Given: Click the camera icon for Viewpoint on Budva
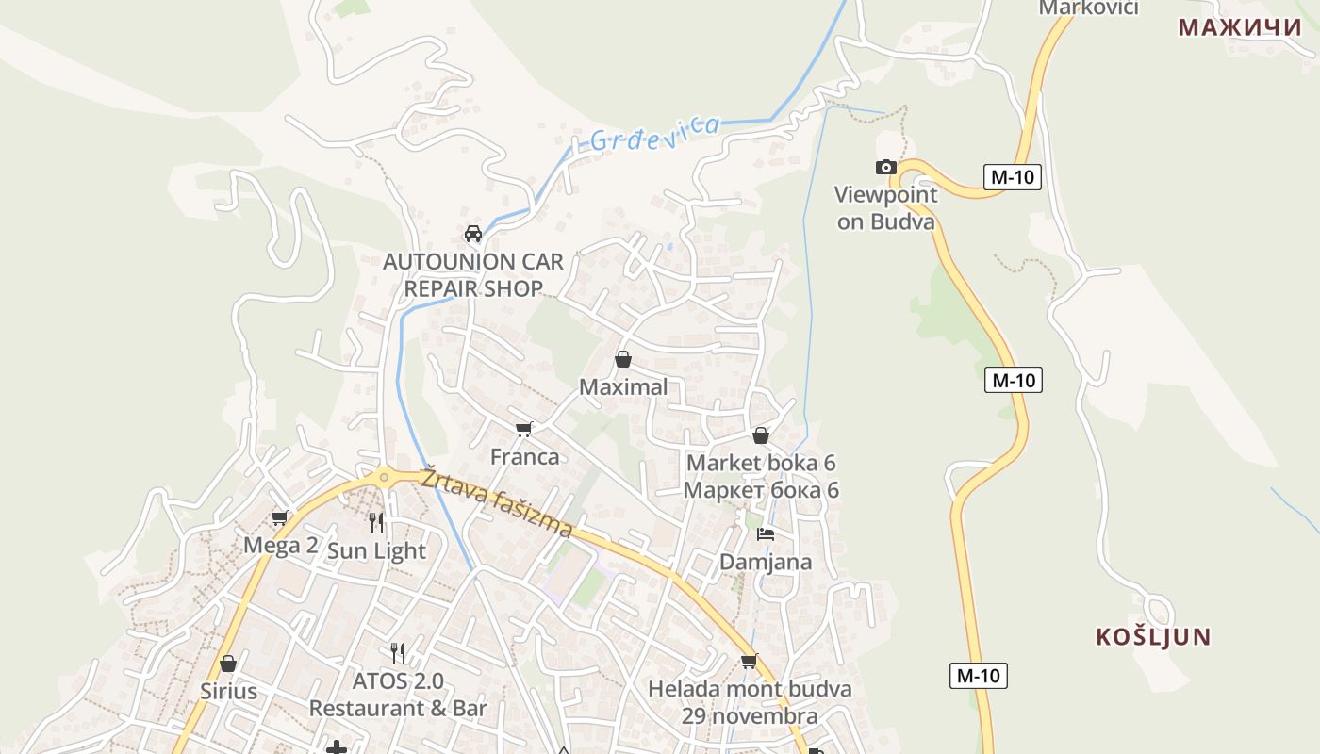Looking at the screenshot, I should (x=885, y=168).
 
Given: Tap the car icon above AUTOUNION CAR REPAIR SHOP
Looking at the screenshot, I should (x=473, y=234).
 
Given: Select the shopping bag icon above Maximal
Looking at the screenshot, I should (x=622, y=359).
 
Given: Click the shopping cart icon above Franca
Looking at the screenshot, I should (x=524, y=430).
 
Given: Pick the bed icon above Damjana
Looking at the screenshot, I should (x=766, y=534).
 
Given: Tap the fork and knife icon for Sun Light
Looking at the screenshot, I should (x=376, y=523).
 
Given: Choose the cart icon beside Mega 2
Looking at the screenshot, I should (x=280, y=517).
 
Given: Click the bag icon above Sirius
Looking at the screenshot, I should (x=227, y=664).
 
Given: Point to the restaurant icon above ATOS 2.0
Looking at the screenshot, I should (x=398, y=652).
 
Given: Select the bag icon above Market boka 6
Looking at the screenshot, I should (x=761, y=435).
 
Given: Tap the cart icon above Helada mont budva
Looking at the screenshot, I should (x=749, y=661).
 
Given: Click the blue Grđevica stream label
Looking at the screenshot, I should (x=654, y=133).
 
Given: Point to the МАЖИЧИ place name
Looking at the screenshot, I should (x=1240, y=27).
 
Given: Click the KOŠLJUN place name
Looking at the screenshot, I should (x=1153, y=637).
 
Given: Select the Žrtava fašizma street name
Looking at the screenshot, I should (x=497, y=502).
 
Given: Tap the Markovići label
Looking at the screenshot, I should (x=1088, y=8).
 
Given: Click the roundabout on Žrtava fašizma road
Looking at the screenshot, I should (x=383, y=478).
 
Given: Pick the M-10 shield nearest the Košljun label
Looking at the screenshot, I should (x=978, y=676).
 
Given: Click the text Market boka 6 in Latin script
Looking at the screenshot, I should (x=761, y=463).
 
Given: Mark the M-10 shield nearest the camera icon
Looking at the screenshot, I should (x=1012, y=177).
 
